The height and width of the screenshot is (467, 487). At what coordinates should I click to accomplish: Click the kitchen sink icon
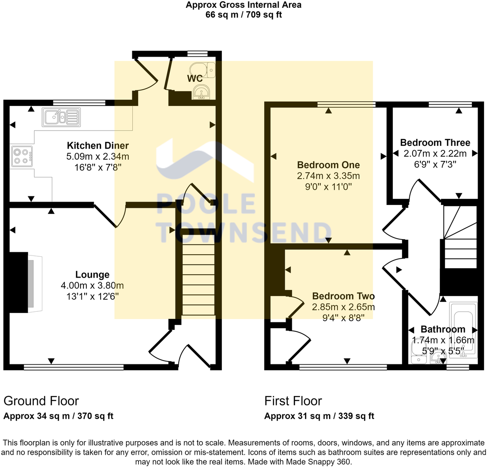[61, 117]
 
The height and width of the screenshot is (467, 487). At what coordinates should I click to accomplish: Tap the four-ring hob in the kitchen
[21, 156]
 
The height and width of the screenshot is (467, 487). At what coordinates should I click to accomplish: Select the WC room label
[195, 78]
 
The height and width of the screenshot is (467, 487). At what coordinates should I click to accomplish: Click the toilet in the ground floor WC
[203, 70]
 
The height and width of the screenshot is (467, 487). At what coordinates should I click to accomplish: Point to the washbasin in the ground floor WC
[201, 92]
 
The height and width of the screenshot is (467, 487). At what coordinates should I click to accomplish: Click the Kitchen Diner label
[98, 145]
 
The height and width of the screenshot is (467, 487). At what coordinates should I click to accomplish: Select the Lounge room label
[92, 275]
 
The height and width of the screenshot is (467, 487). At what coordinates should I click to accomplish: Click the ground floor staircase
[198, 279]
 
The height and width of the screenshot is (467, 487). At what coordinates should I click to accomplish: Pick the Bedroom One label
[328, 165]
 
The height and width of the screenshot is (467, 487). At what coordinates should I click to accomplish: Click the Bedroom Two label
[343, 296]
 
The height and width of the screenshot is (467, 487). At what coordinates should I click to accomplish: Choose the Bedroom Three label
[435, 143]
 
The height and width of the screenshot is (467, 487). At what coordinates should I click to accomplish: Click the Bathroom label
[443, 329]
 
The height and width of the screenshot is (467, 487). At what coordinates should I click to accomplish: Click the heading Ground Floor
[41, 401]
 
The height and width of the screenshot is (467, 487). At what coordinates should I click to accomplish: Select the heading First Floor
[293, 401]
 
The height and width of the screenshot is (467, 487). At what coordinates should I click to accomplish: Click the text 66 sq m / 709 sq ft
[244, 15]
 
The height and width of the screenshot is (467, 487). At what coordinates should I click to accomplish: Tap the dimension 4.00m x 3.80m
[92, 285]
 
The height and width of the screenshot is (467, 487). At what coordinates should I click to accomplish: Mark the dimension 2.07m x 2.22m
[435, 154]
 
